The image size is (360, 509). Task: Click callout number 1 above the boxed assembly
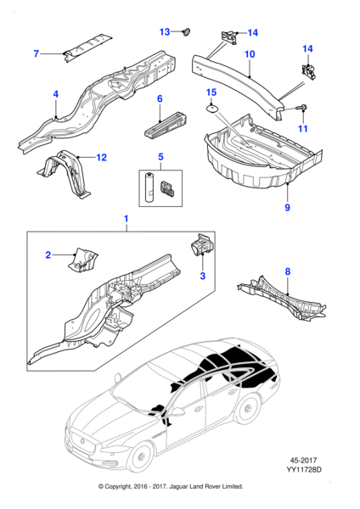(x=127, y=219)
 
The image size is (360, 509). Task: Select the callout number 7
(x=36, y=54)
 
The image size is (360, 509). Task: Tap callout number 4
(x=56, y=93)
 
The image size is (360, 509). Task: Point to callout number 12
(x=102, y=157)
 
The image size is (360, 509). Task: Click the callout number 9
(x=286, y=207)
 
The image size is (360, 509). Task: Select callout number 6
(x=159, y=99)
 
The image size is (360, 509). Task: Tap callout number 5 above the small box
(x=159, y=158)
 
